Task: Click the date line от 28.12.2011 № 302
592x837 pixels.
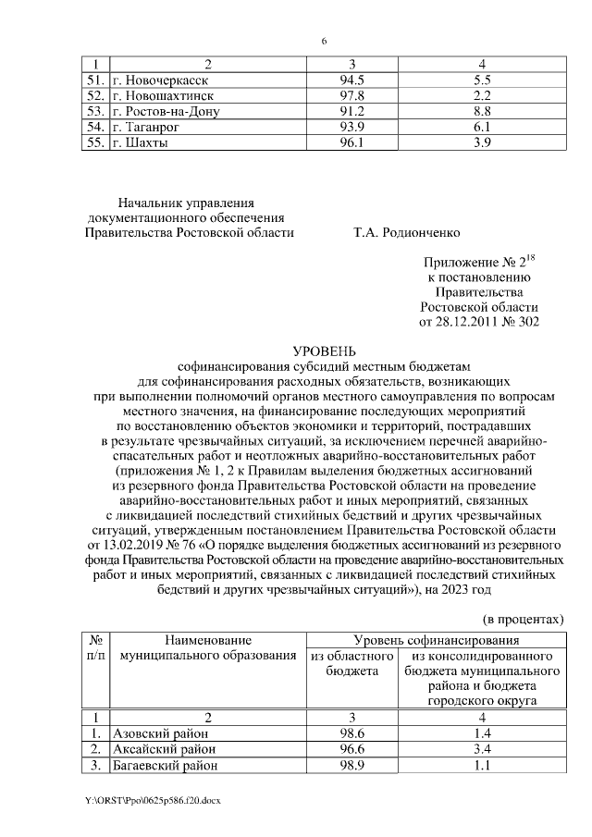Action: click(478, 321)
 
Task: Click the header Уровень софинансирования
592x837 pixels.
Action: click(436, 640)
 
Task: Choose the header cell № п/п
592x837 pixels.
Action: click(93, 647)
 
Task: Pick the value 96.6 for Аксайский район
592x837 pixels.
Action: click(352, 749)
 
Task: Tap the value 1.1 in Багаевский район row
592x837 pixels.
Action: click(480, 765)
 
